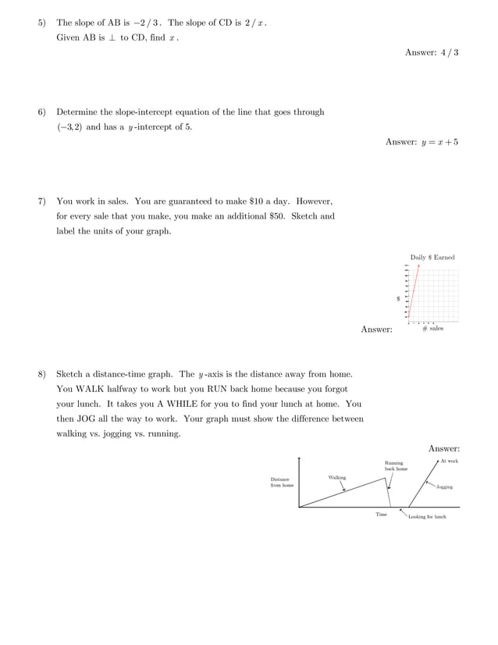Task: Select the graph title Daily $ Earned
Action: pyautogui.click(x=432, y=258)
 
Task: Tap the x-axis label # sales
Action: pyautogui.click(x=432, y=329)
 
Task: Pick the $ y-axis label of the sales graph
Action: pyautogui.click(x=398, y=298)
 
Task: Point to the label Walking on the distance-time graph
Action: pyautogui.click(x=337, y=477)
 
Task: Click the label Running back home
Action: pyautogui.click(x=395, y=466)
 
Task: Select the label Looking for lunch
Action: pyautogui.click(x=427, y=517)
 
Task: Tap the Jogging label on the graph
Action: pyautogui.click(x=444, y=486)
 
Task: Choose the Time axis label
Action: pyautogui.click(x=381, y=515)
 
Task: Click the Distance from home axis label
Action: pyautogui.click(x=282, y=482)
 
